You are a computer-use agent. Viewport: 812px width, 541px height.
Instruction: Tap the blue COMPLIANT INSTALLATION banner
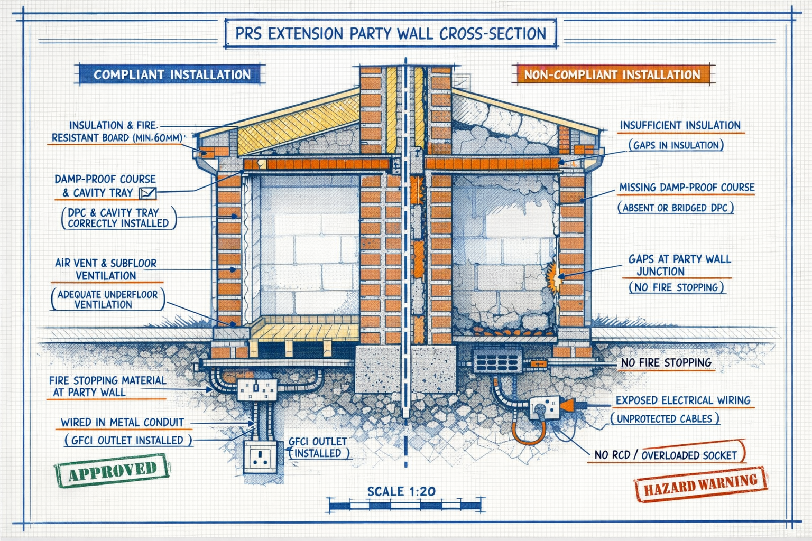[172, 74]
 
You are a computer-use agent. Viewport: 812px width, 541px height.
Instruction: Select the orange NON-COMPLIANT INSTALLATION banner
[612, 74]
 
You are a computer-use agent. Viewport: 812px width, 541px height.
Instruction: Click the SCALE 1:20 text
[401, 491]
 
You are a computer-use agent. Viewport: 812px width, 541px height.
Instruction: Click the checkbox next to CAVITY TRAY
[147, 193]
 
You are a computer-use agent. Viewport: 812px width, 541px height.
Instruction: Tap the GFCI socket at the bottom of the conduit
[260, 456]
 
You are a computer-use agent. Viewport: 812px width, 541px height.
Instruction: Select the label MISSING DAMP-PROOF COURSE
[686, 188]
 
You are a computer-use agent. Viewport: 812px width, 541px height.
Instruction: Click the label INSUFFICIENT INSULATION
[680, 126]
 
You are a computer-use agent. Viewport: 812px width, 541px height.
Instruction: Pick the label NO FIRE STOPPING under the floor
[666, 363]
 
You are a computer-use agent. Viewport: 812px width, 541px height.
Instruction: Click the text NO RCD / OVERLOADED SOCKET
[665, 455]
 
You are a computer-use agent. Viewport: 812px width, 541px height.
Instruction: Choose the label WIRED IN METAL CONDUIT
[122, 423]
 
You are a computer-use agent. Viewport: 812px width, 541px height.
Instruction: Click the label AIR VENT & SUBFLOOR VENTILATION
[106, 269]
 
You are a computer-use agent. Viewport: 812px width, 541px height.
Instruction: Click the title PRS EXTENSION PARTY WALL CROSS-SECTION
[390, 34]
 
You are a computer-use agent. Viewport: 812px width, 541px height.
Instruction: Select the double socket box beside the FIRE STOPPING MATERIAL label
[257, 389]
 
